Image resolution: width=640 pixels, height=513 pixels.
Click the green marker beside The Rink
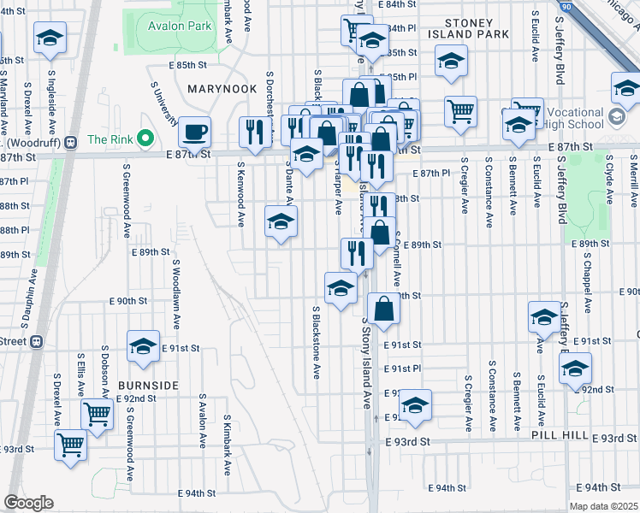pyautogui.click(x=146, y=139)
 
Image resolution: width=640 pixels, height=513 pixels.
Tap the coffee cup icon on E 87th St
pyautogui.click(x=195, y=132)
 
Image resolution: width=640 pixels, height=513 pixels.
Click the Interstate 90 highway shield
pyautogui.click(x=566, y=7)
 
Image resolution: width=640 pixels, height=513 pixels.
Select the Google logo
pyautogui.click(x=28, y=503)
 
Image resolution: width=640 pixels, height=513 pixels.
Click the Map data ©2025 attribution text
pyautogui.click(x=603, y=505)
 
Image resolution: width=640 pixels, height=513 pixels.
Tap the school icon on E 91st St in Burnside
pyautogui.click(x=143, y=345)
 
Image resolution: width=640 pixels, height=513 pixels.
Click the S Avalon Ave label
pyautogui.click(x=202, y=421)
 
